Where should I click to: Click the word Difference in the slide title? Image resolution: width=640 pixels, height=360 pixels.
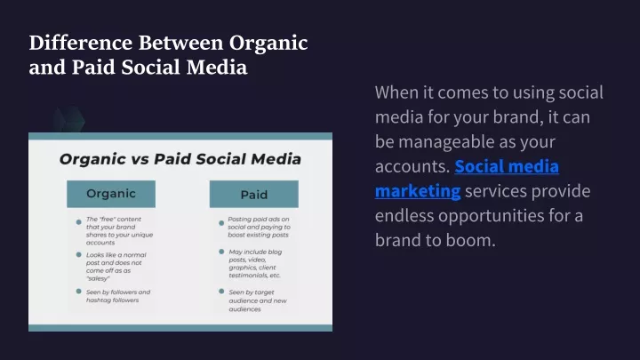pyautogui.click(x=80, y=43)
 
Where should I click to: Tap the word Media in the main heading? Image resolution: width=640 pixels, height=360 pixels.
pyautogui.click(x=217, y=68)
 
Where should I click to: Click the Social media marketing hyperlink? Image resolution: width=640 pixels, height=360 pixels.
pyautogui.click(x=467, y=179)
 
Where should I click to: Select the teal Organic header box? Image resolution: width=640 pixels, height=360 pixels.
pyautogui.click(x=111, y=194)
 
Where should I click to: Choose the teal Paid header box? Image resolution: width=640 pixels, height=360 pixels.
pyautogui.click(x=254, y=195)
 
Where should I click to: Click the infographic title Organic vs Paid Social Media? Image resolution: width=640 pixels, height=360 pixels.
pyautogui.click(x=180, y=159)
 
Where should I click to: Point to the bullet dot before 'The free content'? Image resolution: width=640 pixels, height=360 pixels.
pyautogui.click(x=79, y=222)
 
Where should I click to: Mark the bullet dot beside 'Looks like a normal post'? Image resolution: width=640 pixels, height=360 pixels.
pyautogui.click(x=79, y=255)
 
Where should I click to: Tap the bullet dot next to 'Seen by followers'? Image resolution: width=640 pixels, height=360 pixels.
pyautogui.click(x=79, y=292)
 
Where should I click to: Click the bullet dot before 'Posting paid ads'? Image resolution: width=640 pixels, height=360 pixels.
pyautogui.click(x=221, y=223)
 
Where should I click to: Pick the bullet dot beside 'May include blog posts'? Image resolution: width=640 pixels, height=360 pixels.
pyautogui.click(x=221, y=252)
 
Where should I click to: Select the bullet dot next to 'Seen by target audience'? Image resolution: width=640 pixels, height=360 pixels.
pyautogui.click(x=221, y=292)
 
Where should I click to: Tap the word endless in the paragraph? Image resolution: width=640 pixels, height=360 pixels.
pyautogui.click(x=404, y=215)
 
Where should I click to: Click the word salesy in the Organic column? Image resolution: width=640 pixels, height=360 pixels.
pyautogui.click(x=98, y=278)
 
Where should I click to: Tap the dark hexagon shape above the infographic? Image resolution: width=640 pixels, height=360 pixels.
pyautogui.click(x=69, y=120)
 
